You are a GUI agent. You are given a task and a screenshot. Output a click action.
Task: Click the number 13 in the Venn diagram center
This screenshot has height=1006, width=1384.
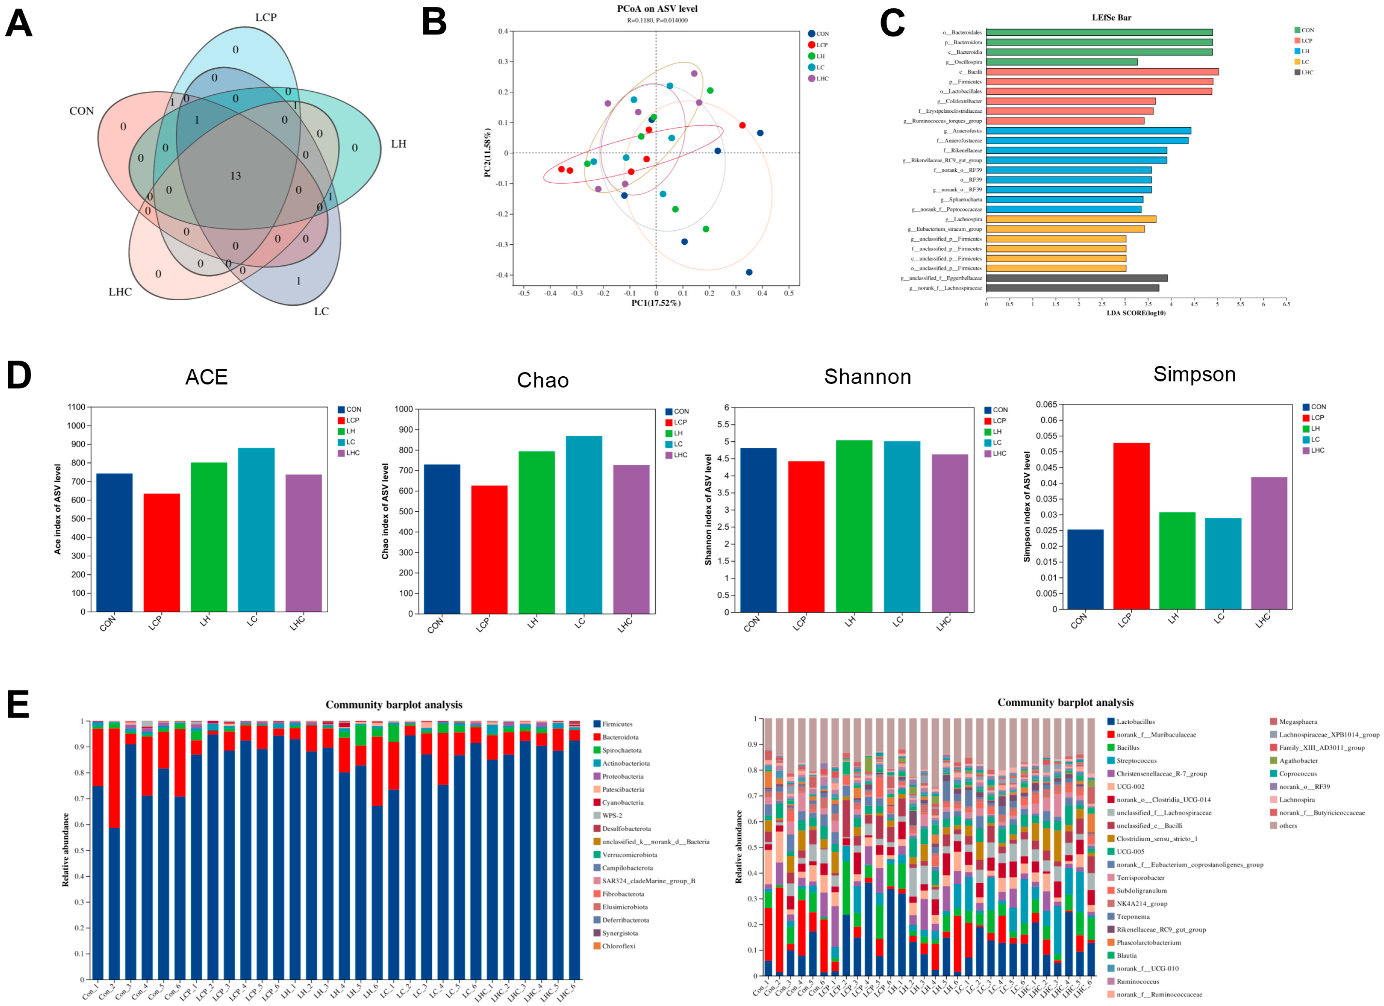coord(236,176)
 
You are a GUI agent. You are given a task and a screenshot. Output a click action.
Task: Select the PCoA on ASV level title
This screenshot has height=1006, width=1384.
coord(657,9)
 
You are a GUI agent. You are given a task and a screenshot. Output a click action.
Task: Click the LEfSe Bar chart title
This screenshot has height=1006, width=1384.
coord(1111,17)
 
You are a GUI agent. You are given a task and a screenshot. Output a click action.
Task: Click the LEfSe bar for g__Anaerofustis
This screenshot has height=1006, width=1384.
coord(1088,131)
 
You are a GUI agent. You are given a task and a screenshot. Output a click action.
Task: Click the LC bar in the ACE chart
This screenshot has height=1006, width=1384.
coord(256,530)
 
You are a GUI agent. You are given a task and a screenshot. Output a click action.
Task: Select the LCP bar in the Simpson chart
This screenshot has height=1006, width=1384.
coord(1131,525)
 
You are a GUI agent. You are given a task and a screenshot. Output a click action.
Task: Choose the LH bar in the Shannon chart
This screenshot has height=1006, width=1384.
coord(854,525)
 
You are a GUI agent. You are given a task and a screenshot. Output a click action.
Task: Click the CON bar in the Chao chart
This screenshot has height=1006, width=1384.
coord(442,539)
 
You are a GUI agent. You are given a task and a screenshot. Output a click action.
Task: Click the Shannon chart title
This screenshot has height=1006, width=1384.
coord(867,376)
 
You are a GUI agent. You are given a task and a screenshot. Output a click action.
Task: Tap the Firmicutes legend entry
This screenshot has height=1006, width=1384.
coord(616,724)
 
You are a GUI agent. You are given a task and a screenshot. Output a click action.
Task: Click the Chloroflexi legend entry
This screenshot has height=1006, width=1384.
coord(618,946)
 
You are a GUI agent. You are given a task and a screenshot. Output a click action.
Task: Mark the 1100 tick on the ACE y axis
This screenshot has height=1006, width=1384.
coord(76,407)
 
